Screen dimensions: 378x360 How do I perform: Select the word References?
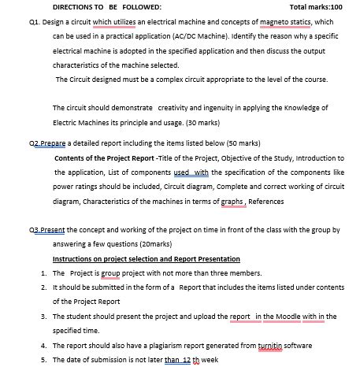tap(267, 200)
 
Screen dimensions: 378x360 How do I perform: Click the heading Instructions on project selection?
tap(147, 258)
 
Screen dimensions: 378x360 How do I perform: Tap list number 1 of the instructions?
tap(43, 272)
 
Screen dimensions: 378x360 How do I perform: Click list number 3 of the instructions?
tap(43, 316)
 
